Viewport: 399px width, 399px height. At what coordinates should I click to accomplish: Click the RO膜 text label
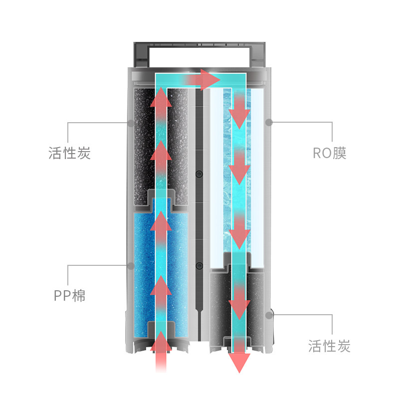coord(329,153)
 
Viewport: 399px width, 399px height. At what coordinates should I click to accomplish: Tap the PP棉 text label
coord(70,295)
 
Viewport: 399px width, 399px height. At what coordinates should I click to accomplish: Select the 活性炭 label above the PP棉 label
coord(70,153)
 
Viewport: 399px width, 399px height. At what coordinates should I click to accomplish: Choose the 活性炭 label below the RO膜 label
coord(329,345)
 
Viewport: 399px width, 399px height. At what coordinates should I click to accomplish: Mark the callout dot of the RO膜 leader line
coord(268,122)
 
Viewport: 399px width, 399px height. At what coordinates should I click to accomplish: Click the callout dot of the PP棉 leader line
coord(131,265)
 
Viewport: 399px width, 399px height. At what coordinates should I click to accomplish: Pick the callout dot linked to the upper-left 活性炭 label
coord(131,122)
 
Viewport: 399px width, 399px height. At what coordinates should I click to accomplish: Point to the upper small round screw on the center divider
coord(199,174)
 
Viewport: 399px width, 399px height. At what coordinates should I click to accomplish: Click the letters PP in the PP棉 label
coord(62,296)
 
